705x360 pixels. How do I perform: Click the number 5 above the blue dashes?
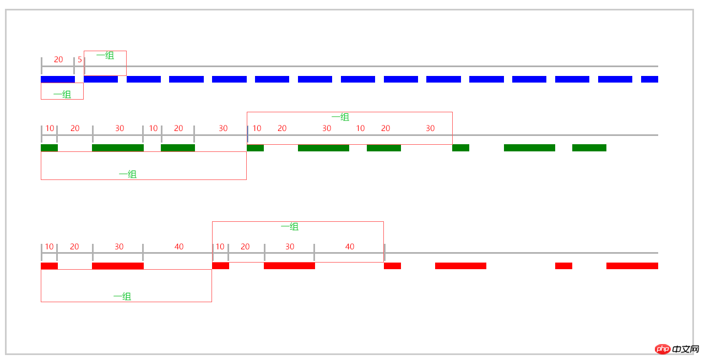pyautogui.click(x=80, y=59)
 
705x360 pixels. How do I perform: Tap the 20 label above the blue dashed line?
pyautogui.click(x=58, y=59)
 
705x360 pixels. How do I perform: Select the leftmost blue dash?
pyautogui.click(x=58, y=79)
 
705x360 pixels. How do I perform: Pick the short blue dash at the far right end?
pyautogui.click(x=649, y=79)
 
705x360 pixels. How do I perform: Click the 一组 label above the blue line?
pyautogui.click(x=105, y=56)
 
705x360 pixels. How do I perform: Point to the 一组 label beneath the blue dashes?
pyautogui.click(x=62, y=95)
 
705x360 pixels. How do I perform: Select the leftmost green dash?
pyautogui.click(x=50, y=148)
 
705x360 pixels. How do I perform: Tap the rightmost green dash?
pyautogui.click(x=589, y=148)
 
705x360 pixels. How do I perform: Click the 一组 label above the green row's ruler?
pyautogui.click(x=340, y=117)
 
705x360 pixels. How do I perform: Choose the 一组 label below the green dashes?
pyautogui.click(x=128, y=174)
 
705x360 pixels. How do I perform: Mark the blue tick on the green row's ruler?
pyautogui.click(x=248, y=134)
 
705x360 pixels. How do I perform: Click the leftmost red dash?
pyautogui.click(x=50, y=266)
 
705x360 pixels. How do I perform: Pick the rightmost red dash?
pyautogui.click(x=632, y=266)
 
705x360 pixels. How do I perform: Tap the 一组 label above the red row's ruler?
pyautogui.click(x=290, y=227)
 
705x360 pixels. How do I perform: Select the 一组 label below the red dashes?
pyautogui.click(x=122, y=297)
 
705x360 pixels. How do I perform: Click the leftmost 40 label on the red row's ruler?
pyautogui.click(x=179, y=247)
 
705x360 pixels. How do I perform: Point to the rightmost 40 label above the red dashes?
pyautogui.click(x=350, y=247)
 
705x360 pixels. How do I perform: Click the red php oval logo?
pyautogui.click(x=663, y=349)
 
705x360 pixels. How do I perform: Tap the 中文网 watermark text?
pyautogui.click(x=685, y=349)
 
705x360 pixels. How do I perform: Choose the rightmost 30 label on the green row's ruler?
pyautogui.click(x=430, y=128)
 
